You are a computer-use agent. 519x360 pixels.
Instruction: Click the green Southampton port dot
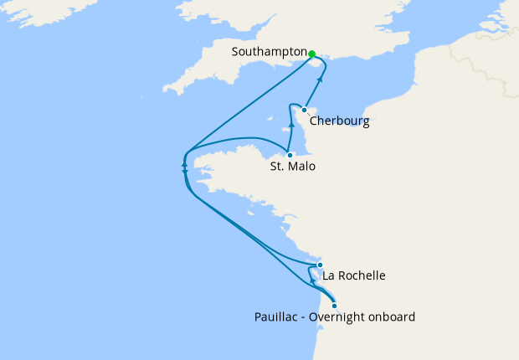tap(311, 54)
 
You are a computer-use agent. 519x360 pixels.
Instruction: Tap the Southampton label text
tap(269, 52)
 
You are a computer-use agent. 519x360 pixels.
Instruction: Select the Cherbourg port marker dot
tap(304, 110)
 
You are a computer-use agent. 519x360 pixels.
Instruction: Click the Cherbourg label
tap(339, 121)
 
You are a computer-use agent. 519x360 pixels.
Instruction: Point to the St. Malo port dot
tap(290, 155)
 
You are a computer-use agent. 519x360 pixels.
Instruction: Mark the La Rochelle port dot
tap(320, 265)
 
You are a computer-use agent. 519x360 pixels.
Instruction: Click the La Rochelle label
tap(354, 275)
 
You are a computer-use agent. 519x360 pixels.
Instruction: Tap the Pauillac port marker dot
tap(335, 306)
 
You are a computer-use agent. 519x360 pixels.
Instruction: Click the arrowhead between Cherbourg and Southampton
tap(320, 79)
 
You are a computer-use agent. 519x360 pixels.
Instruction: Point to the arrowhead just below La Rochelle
tap(313, 281)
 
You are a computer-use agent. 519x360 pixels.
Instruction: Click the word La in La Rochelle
tap(329, 275)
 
